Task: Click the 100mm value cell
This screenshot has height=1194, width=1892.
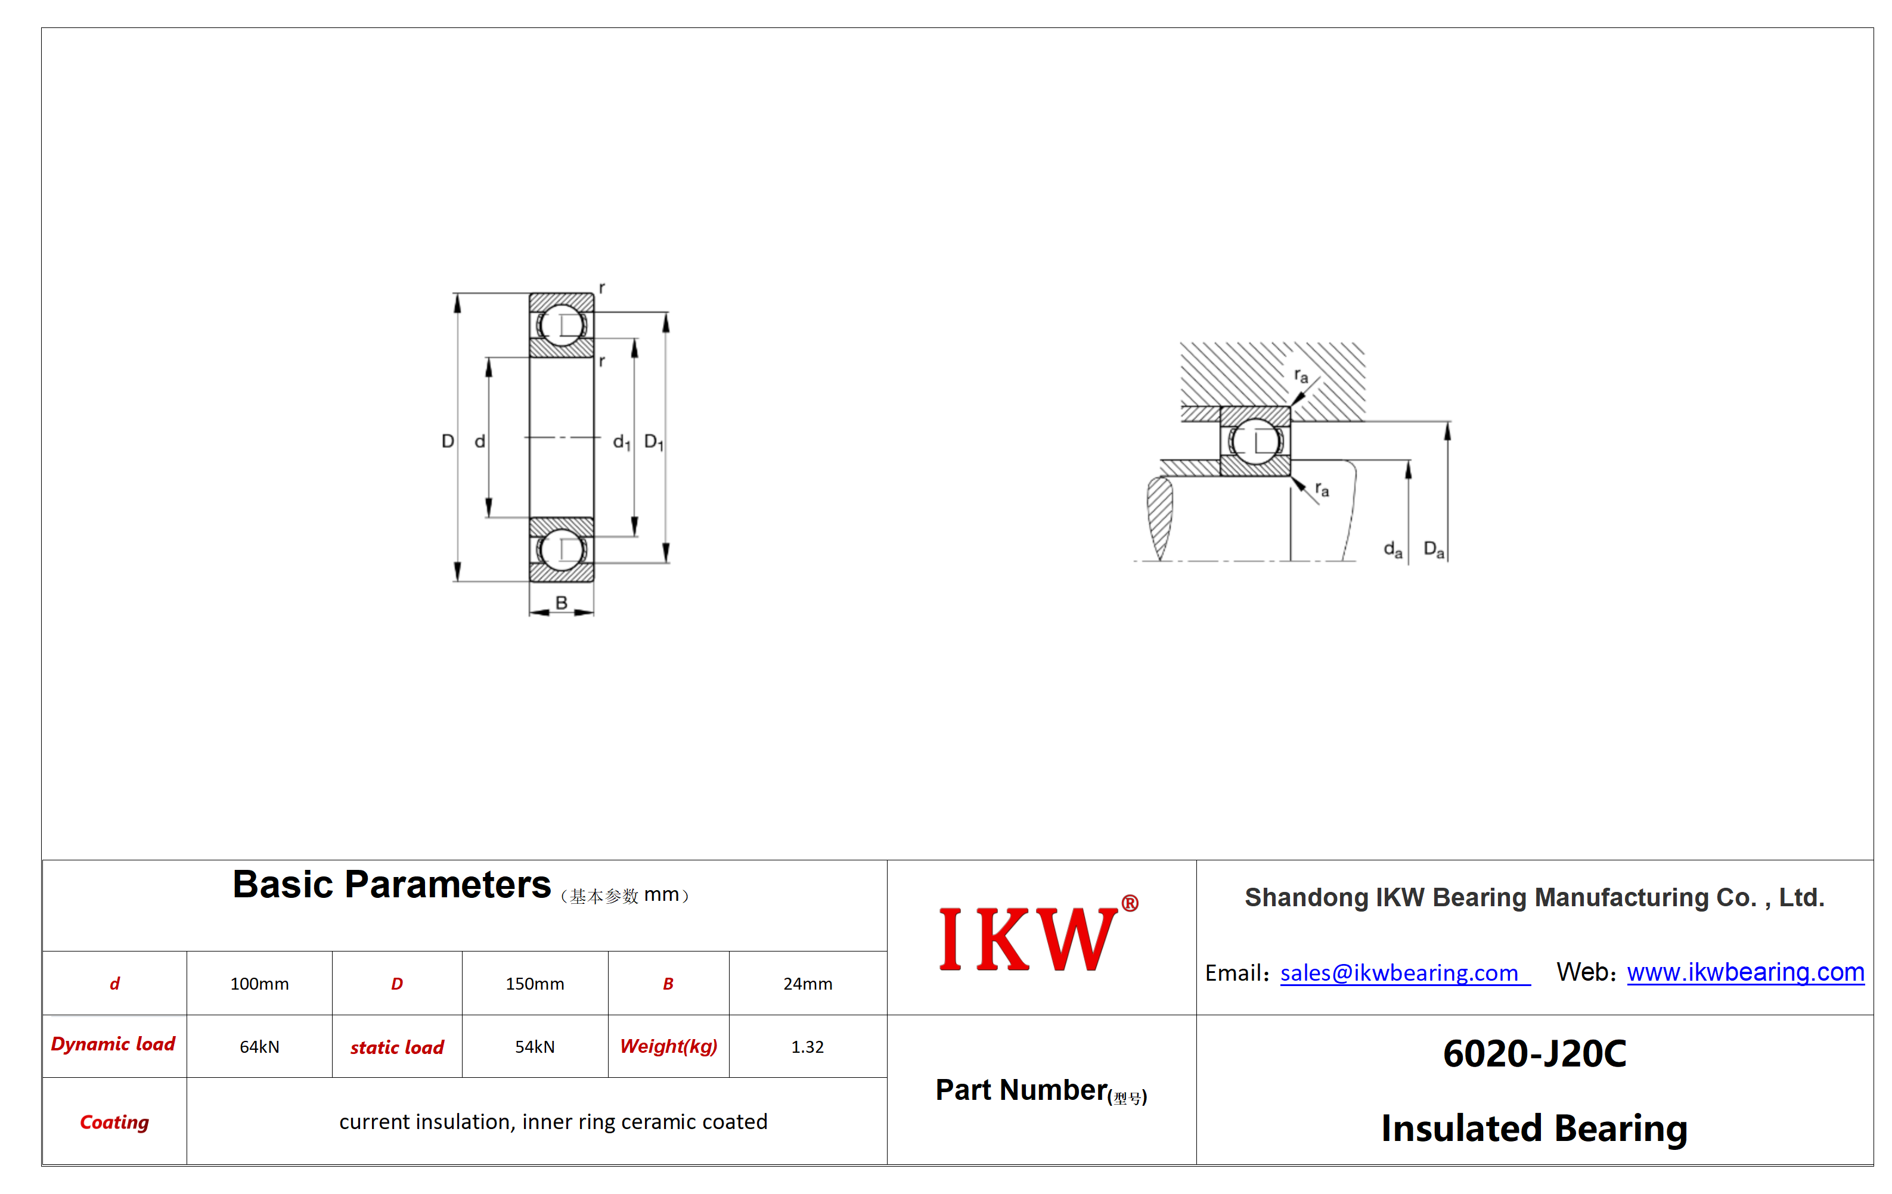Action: tap(259, 984)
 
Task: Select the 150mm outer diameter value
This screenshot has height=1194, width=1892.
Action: tap(534, 984)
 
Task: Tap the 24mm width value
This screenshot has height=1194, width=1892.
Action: tap(808, 984)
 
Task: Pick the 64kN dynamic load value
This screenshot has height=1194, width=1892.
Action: tap(259, 1047)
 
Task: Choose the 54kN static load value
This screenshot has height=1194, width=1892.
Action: tap(534, 1047)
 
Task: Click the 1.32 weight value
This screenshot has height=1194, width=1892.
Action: tap(808, 1047)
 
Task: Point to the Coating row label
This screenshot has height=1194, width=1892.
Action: tap(114, 1122)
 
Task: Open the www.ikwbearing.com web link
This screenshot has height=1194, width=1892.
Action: tap(1745, 972)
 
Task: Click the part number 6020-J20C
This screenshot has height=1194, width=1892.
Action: tap(1534, 1053)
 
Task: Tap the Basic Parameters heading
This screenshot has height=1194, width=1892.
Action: tap(391, 885)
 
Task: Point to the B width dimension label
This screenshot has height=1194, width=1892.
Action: tap(561, 602)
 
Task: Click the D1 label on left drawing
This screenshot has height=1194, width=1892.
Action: tap(654, 442)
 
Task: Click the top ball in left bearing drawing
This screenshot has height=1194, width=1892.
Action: tap(561, 325)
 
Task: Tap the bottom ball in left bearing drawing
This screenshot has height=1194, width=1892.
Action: tap(561, 550)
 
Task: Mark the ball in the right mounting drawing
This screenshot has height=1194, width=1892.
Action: tap(1255, 441)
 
